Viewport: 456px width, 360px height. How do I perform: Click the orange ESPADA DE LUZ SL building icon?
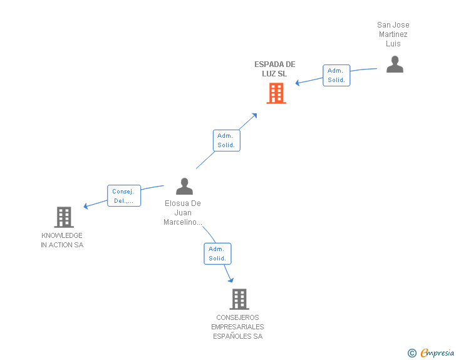tap(276, 93)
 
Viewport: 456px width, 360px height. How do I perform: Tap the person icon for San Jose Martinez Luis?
tap(395, 64)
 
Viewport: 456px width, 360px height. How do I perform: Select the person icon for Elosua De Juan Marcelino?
tap(184, 186)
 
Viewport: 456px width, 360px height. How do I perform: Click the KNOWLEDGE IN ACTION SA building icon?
tap(63, 217)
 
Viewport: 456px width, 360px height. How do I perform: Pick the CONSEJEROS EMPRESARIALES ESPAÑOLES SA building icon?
tap(239, 299)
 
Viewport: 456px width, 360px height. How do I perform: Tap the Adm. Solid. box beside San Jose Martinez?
tap(336, 76)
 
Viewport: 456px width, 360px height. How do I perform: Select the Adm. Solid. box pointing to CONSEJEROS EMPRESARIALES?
tap(217, 254)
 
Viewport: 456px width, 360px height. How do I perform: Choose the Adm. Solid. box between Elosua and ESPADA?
tap(226, 140)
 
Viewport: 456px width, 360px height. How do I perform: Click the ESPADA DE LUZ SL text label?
tap(274, 69)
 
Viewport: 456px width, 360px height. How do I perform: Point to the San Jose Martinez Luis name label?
tap(393, 34)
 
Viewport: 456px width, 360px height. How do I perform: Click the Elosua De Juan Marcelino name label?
tap(183, 213)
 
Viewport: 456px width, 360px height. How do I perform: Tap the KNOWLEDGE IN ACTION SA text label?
tap(62, 240)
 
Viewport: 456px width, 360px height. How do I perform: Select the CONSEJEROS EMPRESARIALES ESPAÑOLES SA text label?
tap(237, 327)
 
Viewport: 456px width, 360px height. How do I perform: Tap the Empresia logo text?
tap(437, 353)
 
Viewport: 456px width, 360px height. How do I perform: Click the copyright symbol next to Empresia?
tap(412, 353)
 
